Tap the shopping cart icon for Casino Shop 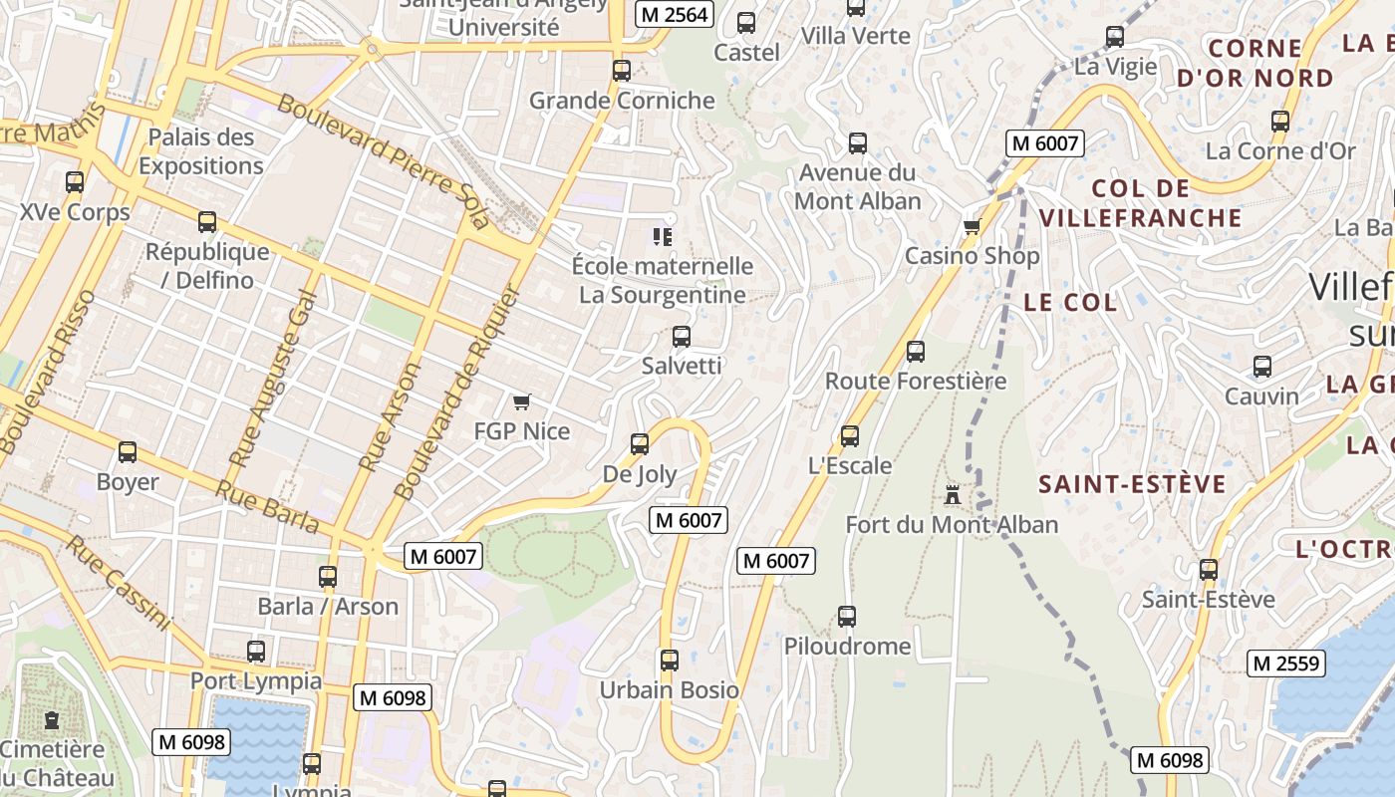click(x=972, y=226)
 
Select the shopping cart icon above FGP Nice click(x=521, y=401)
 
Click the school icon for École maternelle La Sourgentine click(x=662, y=236)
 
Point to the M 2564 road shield click(x=675, y=14)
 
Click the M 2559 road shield click(x=1286, y=664)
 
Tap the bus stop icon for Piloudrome click(x=847, y=617)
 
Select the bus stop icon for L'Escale click(x=850, y=436)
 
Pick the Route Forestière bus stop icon click(x=916, y=352)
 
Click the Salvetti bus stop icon click(x=682, y=337)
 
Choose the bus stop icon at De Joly click(x=640, y=444)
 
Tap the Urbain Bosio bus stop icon click(x=670, y=661)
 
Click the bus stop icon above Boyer click(x=128, y=452)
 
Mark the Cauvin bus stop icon click(x=1262, y=367)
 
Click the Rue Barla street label click(x=267, y=507)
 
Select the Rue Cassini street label click(x=120, y=583)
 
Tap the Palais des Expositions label click(x=201, y=151)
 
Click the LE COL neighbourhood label click(x=1070, y=303)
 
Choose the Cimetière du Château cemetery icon click(x=52, y=719)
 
